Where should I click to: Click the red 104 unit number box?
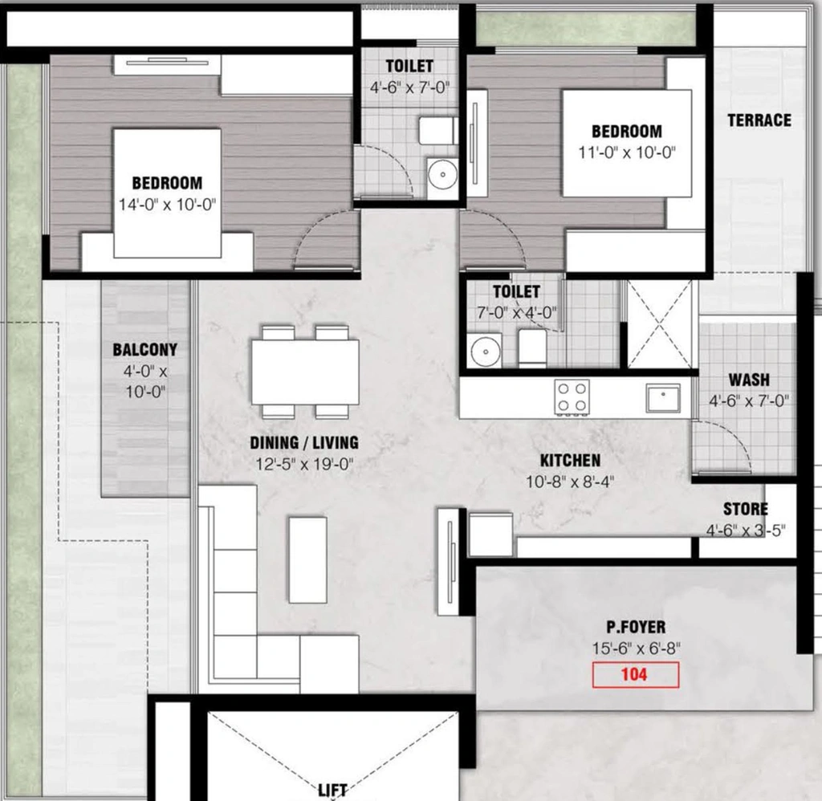tap(636, 675)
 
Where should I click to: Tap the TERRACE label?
tap(759, 120)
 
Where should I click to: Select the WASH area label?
tap(749, 380)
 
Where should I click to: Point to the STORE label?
tap(745, 509)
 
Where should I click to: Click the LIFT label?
tap(332, 790)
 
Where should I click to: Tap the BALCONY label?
tap(144, 350)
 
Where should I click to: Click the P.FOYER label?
tap(636, 627)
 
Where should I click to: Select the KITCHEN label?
tap(570, 460)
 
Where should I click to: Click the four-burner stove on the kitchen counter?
tap(572, 396)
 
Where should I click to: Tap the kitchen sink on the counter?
tap(663, 398)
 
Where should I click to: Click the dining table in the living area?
tap(305, 372)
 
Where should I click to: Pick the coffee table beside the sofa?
tap(307, 560)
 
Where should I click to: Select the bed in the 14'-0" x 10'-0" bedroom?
tap(167, 193)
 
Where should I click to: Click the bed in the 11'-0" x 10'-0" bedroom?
tap(627, 143)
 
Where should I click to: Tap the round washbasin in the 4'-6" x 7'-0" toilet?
tap(442, 174)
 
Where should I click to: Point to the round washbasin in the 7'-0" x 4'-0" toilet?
tap(486, 351)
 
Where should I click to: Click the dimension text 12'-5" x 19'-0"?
tap(304, 465)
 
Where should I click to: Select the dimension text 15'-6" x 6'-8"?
tap(636, 649)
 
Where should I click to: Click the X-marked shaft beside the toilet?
tap(660, 324)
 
